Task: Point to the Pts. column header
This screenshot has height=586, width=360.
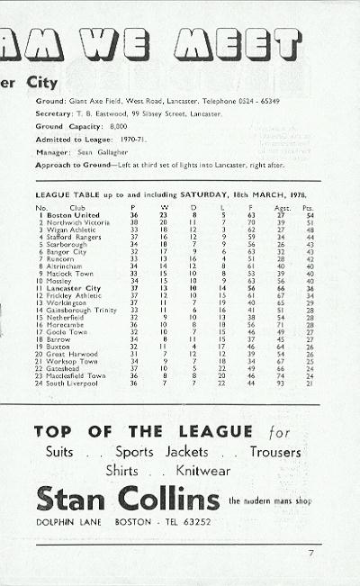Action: [x=309, y=207]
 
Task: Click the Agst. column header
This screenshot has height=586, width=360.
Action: [x=281, y=207]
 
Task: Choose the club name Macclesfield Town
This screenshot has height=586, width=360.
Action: [x=76, y=375]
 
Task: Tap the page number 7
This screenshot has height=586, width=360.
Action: [x=310, y=552]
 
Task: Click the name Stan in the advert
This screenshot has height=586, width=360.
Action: [x=73, y=499]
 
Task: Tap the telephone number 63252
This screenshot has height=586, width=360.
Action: [x=199, y=522]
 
